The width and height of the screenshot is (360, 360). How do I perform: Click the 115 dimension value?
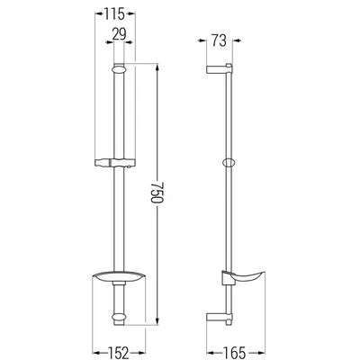pyautogui.click(x=114, y=14)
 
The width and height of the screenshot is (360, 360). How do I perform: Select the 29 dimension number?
pyautogui.click(x=119, y=34)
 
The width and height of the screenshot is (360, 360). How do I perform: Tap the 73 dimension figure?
pyautogui.click(x=219, y=41)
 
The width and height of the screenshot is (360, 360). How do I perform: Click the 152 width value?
pyautogui.click(x=119, y=353)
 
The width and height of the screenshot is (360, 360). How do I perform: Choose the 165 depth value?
pyautogui.click(x=235, y=353)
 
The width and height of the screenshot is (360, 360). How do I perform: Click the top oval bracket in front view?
pyautogui.click(x=119, y=70)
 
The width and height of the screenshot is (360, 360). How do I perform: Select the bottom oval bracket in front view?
pyautogui.click(x=119, y=318)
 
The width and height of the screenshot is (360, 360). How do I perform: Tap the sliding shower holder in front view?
pyautogui.click(x=115, y=162)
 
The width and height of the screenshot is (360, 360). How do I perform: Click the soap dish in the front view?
pyautogui.click(x=119, y=277)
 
